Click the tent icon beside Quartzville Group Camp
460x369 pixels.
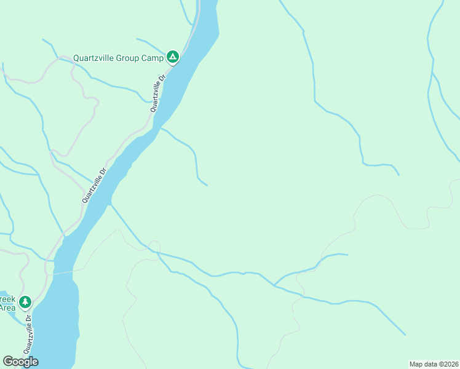pyautogui.click(x=173, y=57)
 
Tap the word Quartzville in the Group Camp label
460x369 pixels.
pyautogui.click(x=93, y=58)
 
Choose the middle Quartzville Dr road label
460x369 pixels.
pyautogui.click(x=94, y=185)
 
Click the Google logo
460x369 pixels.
pyautogui.click(x=20, y=362)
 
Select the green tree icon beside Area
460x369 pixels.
pyautogui.click(x=25, y=302)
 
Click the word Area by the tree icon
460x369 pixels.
pyautogui.click(x=7, y=307)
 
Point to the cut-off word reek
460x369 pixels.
pyautogui.click(x=7, y=298)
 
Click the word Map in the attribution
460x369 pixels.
pyautogui.click(x=416, y=364)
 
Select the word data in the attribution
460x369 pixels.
pyautogui.click(x=430, y=364)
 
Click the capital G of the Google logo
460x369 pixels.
pyautogui.click(x=7, y=362)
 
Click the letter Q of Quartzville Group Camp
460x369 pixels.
pyautogui.click(x=76, y=58)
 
